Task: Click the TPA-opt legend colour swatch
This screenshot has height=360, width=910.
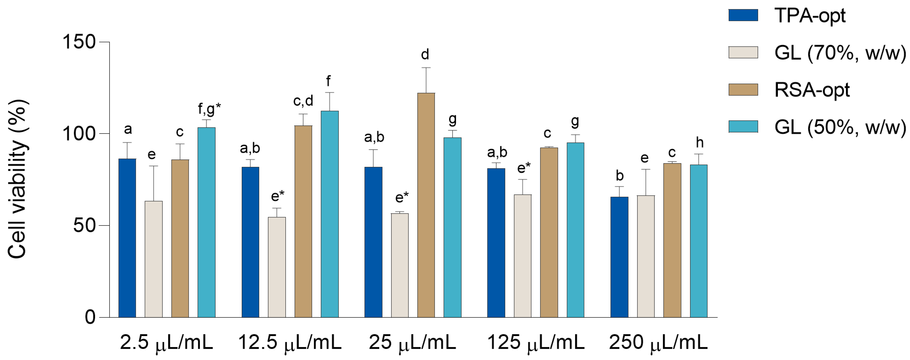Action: pos(743,15)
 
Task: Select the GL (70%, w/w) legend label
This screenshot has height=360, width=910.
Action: pos(840,53)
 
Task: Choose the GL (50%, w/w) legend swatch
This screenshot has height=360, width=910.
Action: pos(743,126)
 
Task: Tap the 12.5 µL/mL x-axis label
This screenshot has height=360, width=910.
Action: pos(290,342)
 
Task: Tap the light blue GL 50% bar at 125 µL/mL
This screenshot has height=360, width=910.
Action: pos(575,230)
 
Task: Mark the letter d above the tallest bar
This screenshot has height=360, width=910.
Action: pos(425,55)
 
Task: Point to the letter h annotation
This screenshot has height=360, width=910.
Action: pos(700,143)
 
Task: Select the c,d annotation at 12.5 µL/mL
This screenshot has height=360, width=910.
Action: pos(303,101)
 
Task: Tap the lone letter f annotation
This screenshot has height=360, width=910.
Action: pos(328,81)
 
